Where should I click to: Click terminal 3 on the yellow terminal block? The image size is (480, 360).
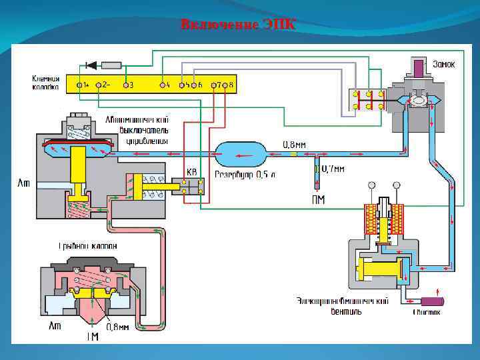pos(124,85)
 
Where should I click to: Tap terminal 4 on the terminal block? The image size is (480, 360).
pos(164,85)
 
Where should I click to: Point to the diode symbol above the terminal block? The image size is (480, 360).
pos(91,65)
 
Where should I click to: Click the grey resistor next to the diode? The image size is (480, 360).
pos(111,65)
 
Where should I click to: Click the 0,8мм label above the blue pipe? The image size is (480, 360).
pos(295,143)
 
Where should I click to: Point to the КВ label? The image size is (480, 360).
pos(192,172)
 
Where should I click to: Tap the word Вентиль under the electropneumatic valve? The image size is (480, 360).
pos(347,311)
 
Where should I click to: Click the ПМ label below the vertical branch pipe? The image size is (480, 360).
pos(319,199)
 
